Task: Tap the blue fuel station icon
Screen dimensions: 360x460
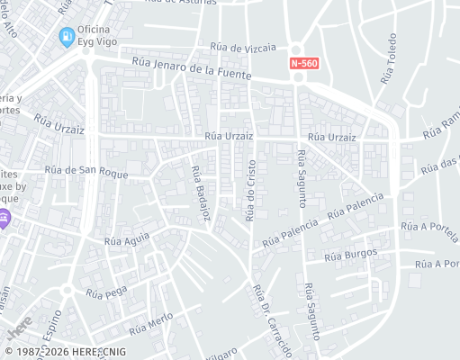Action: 66,37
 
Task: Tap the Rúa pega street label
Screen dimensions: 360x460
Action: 104,292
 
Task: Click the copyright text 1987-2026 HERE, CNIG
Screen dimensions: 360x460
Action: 65,352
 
